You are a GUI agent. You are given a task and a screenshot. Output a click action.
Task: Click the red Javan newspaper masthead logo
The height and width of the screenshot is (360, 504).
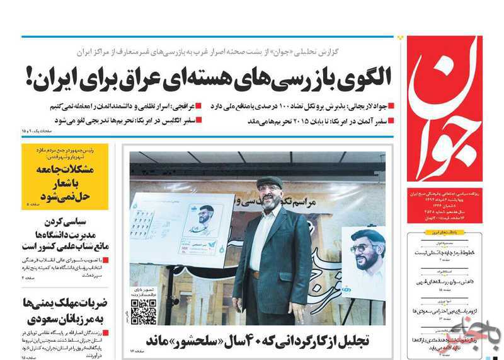pyautogui.click(x=444, y=107)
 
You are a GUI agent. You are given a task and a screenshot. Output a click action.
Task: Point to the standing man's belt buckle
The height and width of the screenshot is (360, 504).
pyautogui.click(x=255, y=274)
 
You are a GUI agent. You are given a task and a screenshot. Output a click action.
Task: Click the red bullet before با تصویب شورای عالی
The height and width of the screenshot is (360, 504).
pyautogui.click(x=106, y=259)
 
